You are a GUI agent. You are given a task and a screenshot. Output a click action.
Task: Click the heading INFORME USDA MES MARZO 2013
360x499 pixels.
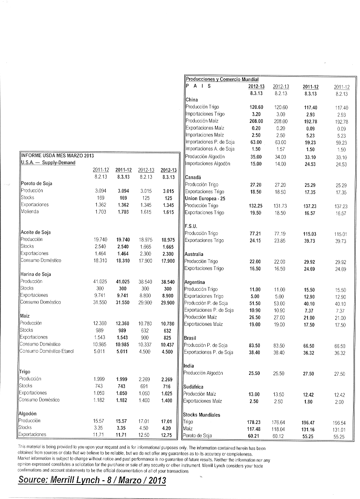[57, 155]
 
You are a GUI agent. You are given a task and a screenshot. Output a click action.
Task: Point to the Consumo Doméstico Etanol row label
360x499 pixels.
[47, 351]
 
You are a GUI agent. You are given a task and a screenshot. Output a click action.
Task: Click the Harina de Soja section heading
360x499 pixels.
[36, 274]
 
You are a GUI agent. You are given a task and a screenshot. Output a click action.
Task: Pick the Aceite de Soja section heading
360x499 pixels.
[36, 232]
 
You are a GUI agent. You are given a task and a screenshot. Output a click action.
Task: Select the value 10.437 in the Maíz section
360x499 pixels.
[167, 344]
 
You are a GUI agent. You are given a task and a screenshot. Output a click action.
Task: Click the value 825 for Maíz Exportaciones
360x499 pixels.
[168, 337]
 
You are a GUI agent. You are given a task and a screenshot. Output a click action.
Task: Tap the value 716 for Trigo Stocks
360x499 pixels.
[168, 386]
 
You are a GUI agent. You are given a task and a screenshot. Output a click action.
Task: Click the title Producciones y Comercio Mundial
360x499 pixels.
[222, 79]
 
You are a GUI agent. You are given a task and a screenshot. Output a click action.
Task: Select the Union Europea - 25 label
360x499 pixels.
[205, 198]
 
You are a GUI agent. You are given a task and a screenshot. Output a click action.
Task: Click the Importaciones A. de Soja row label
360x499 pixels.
[210, 149]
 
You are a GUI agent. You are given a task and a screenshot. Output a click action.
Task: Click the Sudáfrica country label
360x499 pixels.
[194, 387]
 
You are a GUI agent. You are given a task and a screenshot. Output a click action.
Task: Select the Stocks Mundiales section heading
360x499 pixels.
[202, 415]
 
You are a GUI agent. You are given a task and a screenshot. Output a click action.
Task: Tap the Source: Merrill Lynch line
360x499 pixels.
[92, 480]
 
